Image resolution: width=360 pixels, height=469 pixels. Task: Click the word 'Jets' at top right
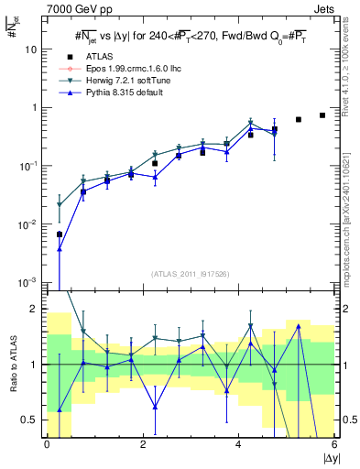tap(323, 7)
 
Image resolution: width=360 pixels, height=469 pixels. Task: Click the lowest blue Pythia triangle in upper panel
tap(60, 248)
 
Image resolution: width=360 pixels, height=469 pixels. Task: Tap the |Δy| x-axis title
tap(330, 458)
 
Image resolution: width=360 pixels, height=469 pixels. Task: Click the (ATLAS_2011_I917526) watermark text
tap(191, 273)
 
